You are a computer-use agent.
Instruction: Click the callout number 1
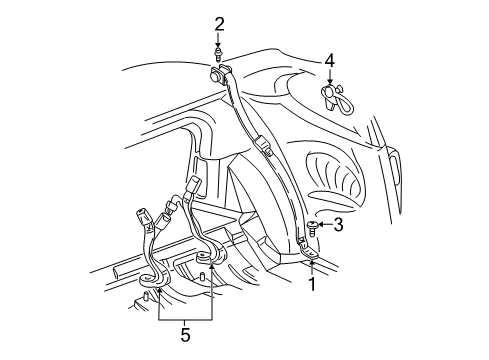311,284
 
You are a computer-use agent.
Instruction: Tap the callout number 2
218,24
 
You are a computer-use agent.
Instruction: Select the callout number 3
338,226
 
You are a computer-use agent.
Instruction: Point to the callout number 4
329,61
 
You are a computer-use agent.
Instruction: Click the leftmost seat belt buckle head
139,215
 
